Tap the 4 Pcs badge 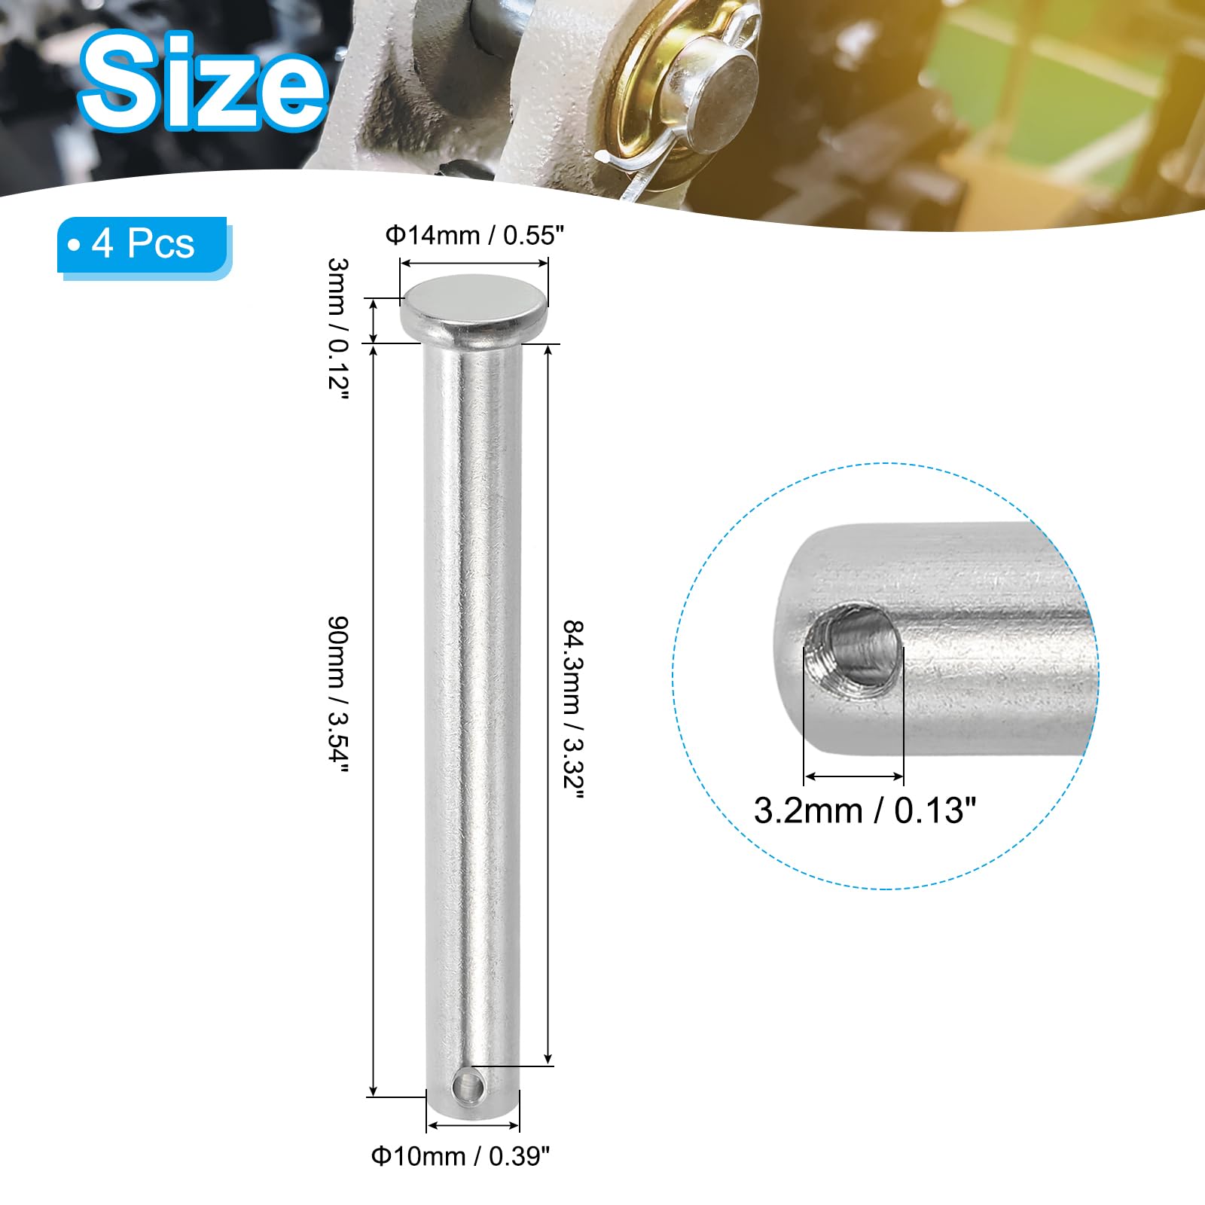tap(144, 247)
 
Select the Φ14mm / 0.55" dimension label tap(474, 236)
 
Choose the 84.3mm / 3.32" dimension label tap(574, 712)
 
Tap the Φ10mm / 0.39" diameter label tap(461, 1156)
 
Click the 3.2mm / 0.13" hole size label tap(865, 810)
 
